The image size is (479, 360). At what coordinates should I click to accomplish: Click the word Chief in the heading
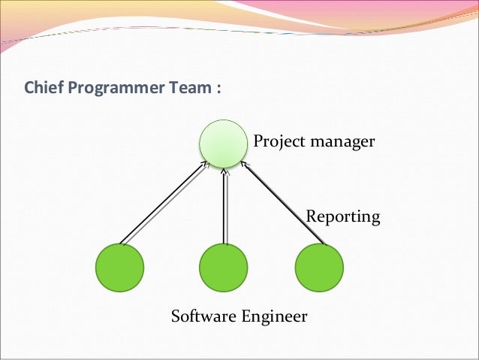[x=44, y=89]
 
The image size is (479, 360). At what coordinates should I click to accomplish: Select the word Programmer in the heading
[x=113, y=89]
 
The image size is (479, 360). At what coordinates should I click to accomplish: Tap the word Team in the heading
[x=187, y=89]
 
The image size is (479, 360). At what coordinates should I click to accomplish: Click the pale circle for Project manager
[x=223, y=144]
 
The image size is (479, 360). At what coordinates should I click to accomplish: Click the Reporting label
[x=343, y=217]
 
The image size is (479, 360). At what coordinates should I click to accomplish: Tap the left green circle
[x=119, y=268]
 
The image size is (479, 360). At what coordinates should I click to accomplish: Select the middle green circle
[x=224, y=268]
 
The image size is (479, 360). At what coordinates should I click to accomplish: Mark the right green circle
[x=319, y=268]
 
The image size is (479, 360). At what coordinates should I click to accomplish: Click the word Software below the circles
[x=204, y=316]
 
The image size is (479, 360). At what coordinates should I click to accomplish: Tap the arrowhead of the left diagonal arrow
[x=204, y=164]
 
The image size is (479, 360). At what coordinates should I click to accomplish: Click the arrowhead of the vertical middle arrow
[x=224, y=172]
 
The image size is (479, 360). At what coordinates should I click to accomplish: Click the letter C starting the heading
[x=29, y=89]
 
